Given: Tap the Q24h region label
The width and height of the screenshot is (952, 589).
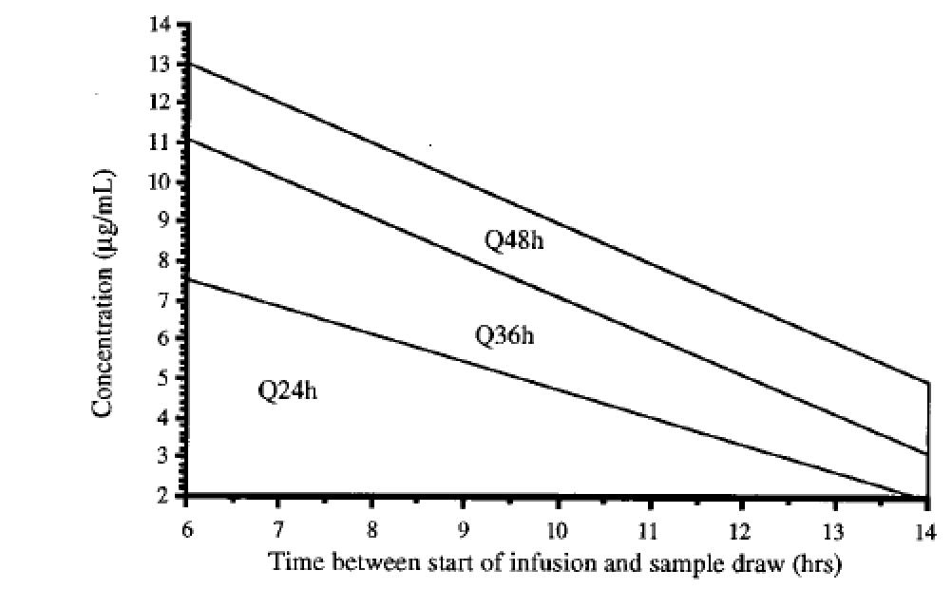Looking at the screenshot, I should click(x=287, y=390).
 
